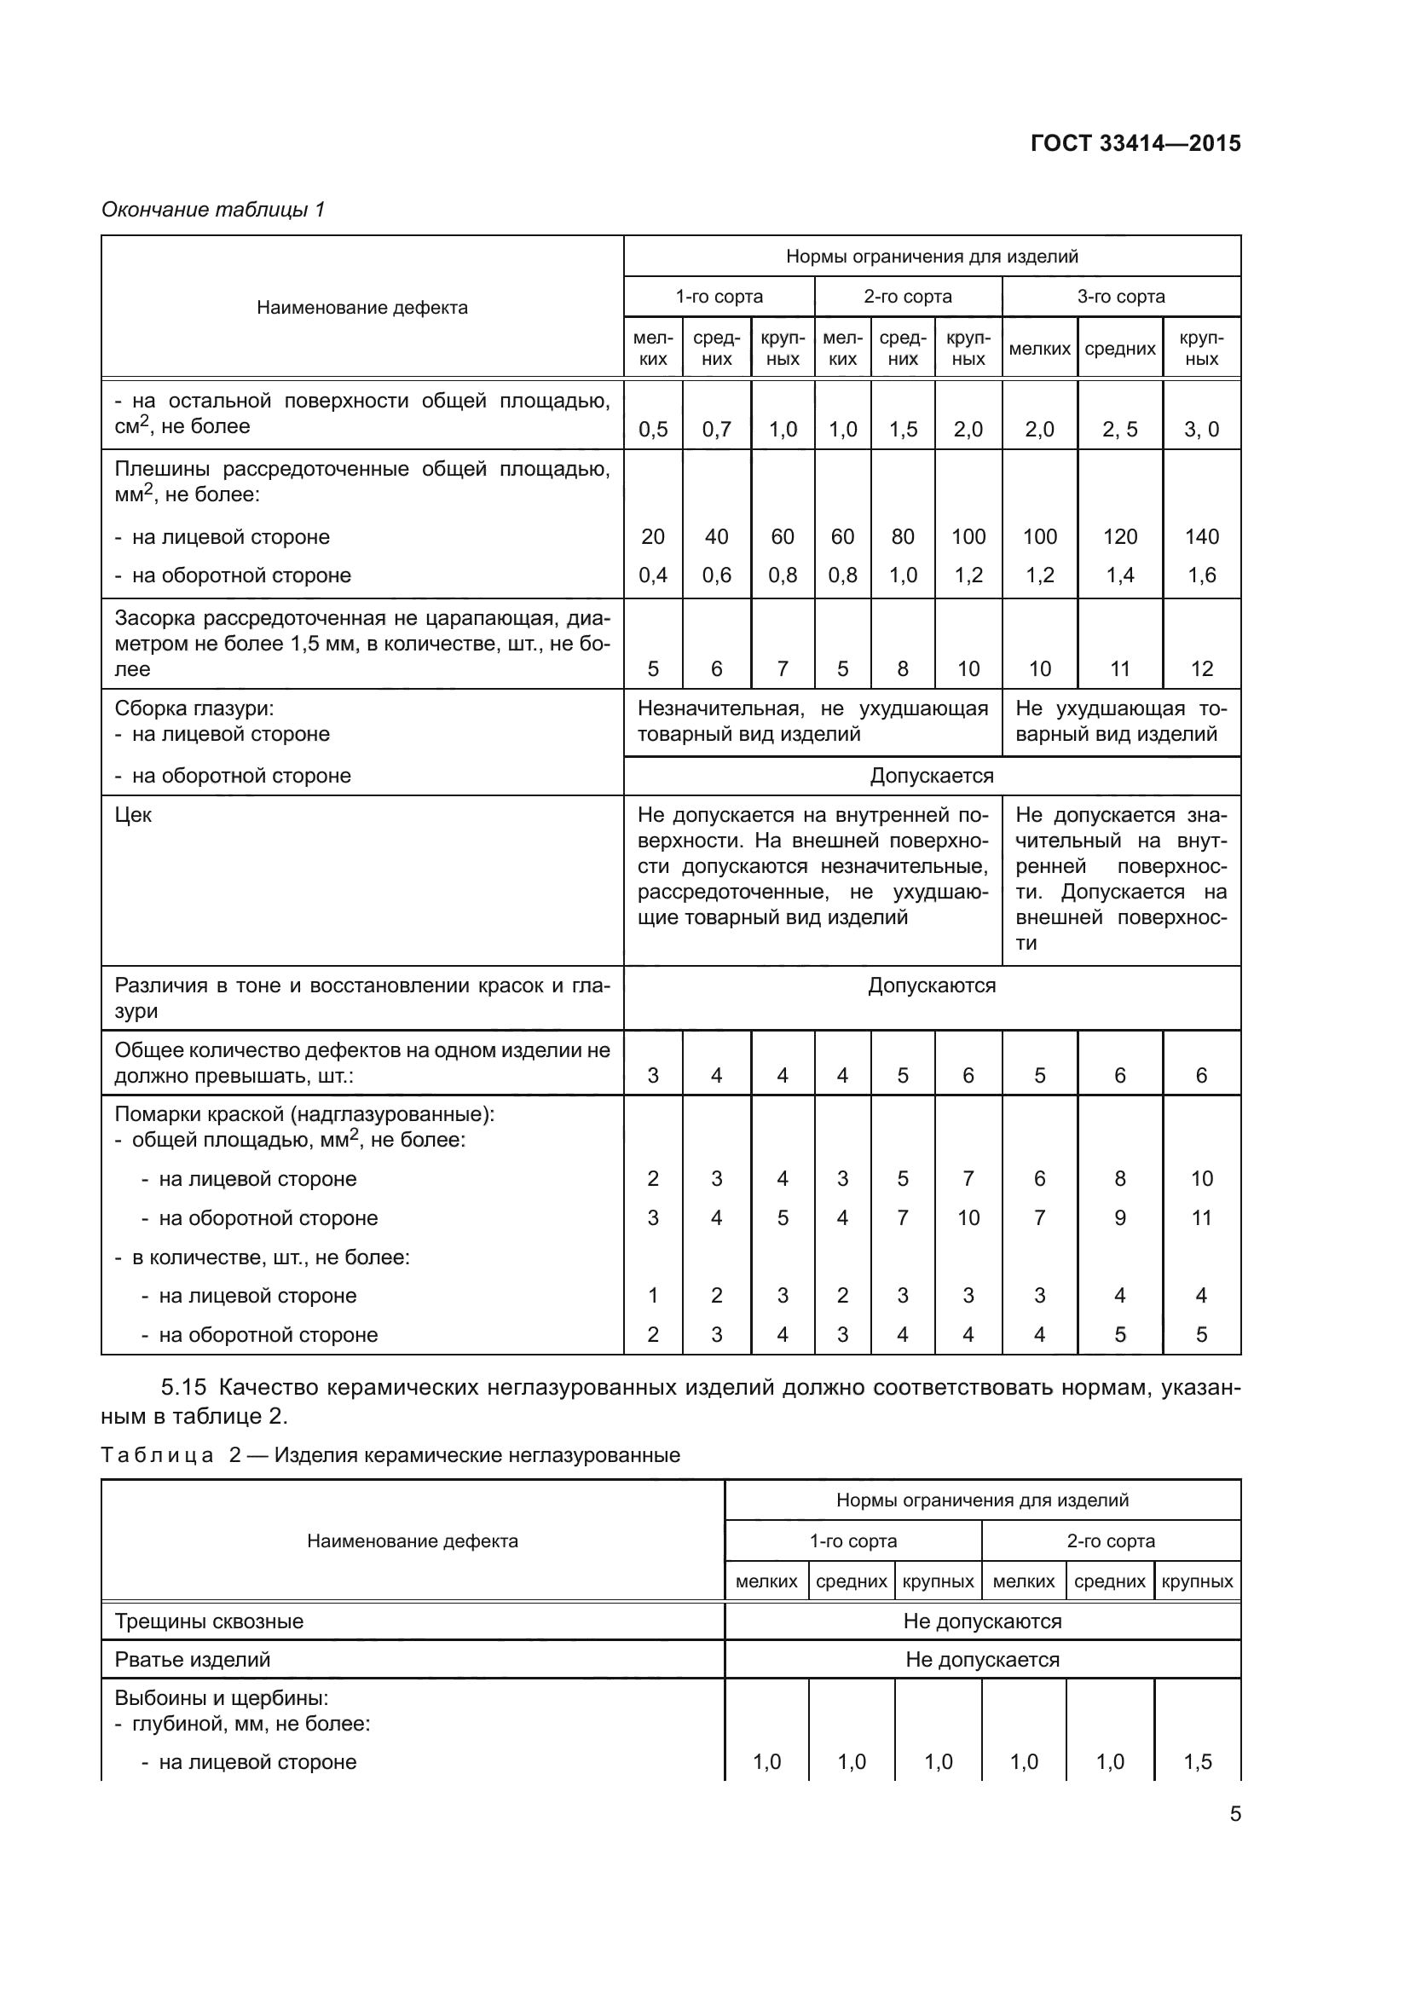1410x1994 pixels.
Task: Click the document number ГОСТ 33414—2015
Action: tap(1135, 143)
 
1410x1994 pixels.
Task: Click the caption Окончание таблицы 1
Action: tap(213, 210)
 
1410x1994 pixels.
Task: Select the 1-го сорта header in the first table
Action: tap(719, 297)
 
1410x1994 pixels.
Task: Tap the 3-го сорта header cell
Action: tap(1121, 297)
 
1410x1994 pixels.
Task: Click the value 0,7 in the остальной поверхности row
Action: tap(716, 429)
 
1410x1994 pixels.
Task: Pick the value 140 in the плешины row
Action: tap(1202, 537)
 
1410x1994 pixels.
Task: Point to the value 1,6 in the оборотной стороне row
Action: tap(1202, 575)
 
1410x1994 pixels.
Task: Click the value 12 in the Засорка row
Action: tap(1202, 668)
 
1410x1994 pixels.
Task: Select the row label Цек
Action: tap(133, 815)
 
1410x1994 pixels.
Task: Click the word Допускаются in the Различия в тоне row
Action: tap(932, 985)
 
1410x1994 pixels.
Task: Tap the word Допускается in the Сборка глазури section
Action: tap(932, 776)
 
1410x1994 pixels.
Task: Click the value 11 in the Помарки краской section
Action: tap(1202, 1217)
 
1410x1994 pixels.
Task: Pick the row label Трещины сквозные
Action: tap(209, 1621)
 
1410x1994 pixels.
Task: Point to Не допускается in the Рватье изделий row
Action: tap(982, 1660)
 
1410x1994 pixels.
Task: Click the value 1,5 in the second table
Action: tap(1197, 1762)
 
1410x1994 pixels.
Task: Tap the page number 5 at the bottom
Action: tap(1234, 1814)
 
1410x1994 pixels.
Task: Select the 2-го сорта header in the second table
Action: tap(1111, 1540)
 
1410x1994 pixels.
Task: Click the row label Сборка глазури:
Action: tap(194, 708)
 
